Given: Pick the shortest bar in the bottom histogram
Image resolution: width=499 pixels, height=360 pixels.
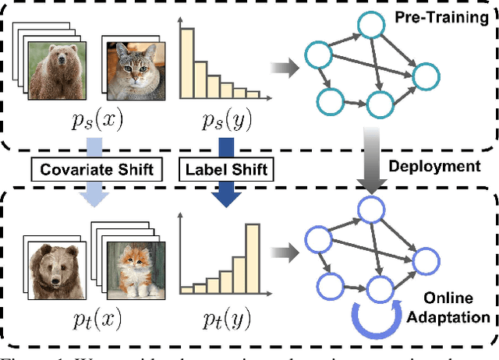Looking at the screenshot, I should click(186, 289).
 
